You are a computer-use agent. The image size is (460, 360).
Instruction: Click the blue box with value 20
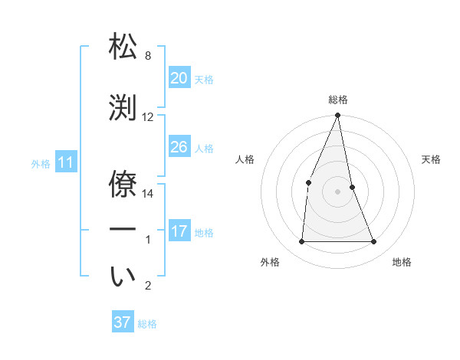click(x=179, y=78)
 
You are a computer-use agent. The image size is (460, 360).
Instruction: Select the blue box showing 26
click(x=179, y=147)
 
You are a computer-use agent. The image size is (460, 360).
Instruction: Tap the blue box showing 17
click(x=179, y=231)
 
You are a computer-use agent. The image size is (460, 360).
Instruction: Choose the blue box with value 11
click(x=65, y=162)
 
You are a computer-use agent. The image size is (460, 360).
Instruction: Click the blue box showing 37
click(x=123, y=322)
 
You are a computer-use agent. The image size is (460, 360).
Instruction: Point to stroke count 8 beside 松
click(x=148, y=56)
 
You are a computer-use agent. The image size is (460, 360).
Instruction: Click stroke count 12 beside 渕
click(x=148, y=117)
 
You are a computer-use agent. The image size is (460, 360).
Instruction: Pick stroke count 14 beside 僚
click(x=148, y=194)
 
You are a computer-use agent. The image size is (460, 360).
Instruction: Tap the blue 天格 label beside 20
click(x=203, y=80)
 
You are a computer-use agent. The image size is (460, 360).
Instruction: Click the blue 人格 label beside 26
click(x=203, y=149)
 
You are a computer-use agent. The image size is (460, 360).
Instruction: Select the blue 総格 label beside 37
click(x=147, y=324)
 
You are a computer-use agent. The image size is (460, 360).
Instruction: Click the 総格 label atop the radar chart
click(x=338, y=100)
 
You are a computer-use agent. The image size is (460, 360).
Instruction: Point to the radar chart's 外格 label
click(x=270, y=262)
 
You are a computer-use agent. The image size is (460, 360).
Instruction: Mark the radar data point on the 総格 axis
click(x=337, y=116)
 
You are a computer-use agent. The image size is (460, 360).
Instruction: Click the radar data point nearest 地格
click(x=374, y=242)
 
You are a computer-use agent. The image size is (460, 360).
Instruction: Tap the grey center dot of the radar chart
click(x=337, y=191)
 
